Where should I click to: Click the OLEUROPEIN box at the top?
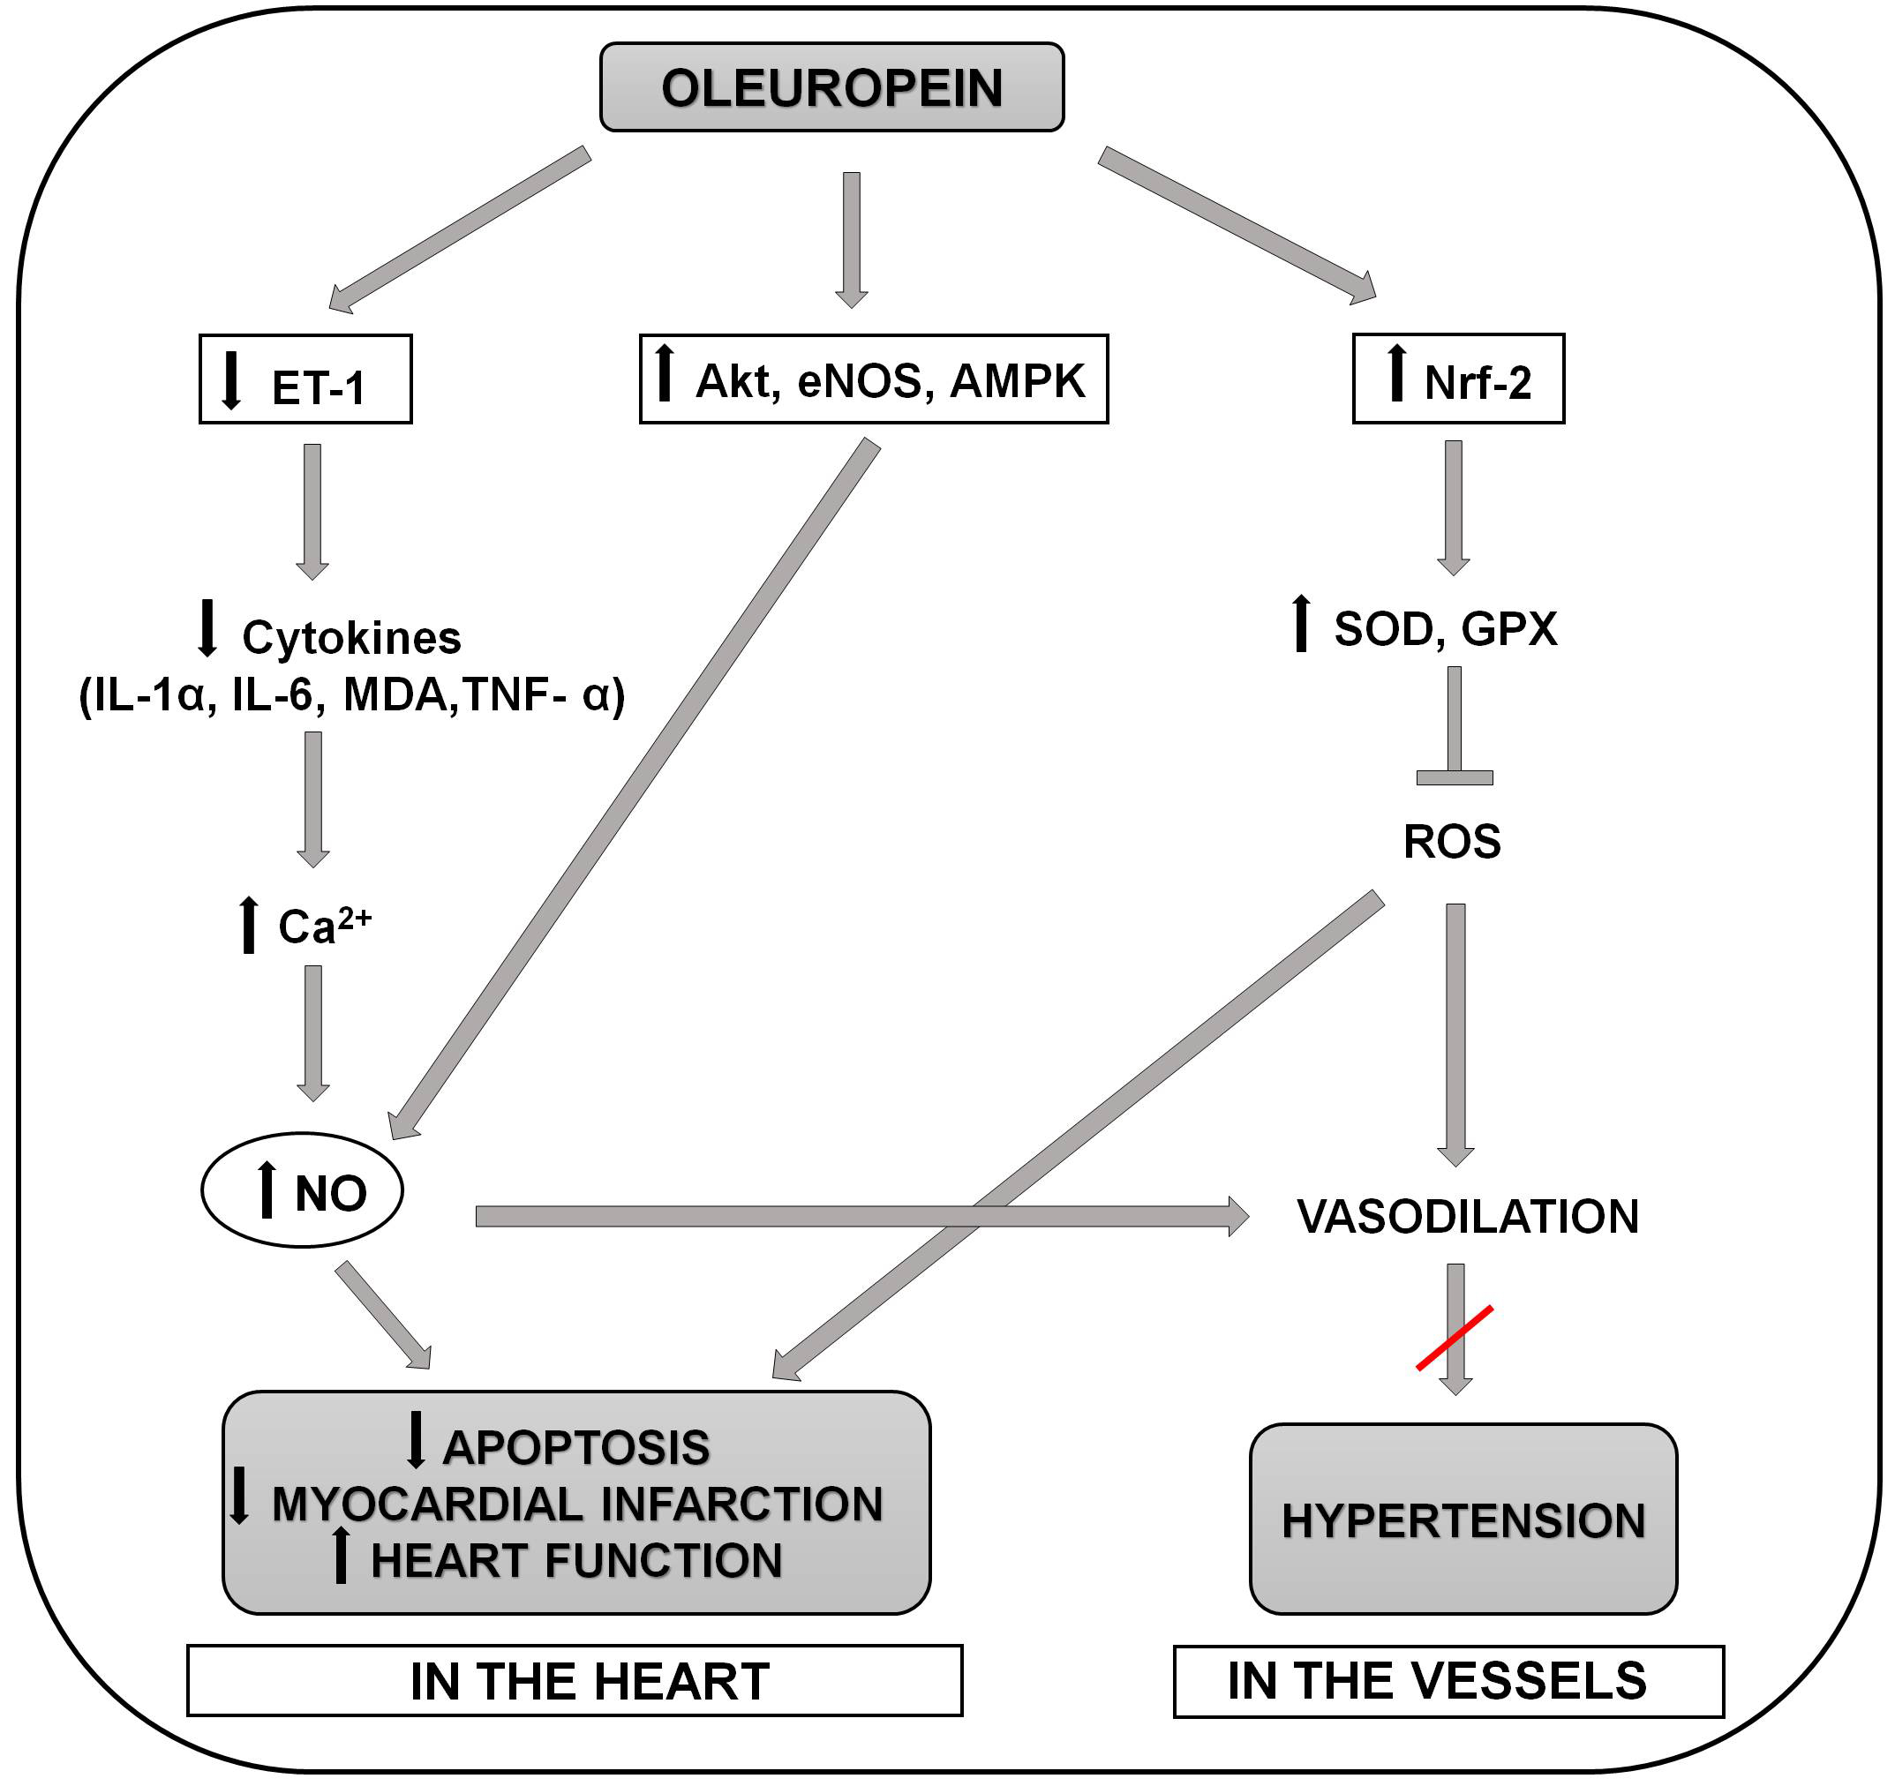(x=831, y=87)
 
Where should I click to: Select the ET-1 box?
(x=305, y=379)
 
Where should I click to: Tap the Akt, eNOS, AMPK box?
(x=873, y=379)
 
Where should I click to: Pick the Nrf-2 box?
(x=1458, y=379)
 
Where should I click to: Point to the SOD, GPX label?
(x=1445, y=629)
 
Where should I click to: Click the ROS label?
(x=1452, y=842)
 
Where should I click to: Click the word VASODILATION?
(x=1468, y=1217)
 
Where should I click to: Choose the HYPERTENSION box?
(x=1463, y=1520)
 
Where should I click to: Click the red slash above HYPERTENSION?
(x=1455, y=1338)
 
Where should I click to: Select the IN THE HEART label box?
(x=575, y=1681)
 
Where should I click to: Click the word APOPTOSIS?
(x=575, y=1448)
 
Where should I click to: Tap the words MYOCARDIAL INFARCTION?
(x=577, y=1504)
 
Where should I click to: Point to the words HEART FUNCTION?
(x=575, y=1561)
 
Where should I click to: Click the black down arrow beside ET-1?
(x=230, y=380)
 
